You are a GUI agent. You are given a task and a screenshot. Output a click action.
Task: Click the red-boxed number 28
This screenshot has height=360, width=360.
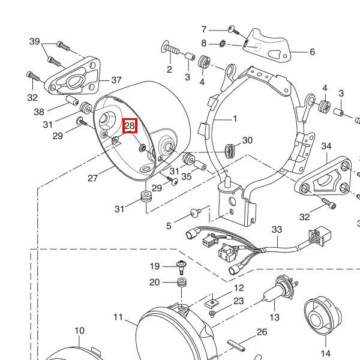(130, 127)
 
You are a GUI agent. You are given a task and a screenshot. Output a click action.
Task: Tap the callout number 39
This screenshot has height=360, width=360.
(35, 41)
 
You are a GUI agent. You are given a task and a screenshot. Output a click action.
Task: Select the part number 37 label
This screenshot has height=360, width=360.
(116, 80)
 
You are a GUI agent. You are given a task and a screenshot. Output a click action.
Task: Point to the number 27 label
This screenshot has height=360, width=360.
(93, 178)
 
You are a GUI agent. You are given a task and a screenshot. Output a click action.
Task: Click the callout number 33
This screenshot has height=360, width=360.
(277, 230)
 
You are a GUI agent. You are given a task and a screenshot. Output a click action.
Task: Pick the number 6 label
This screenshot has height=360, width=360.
(312, 52)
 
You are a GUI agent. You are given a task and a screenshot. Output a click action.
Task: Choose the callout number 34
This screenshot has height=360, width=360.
(326, 146)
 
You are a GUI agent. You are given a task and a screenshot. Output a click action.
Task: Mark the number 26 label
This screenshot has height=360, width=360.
(262, 332)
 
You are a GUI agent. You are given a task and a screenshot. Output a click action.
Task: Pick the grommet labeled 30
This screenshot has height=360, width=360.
(229, 149)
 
